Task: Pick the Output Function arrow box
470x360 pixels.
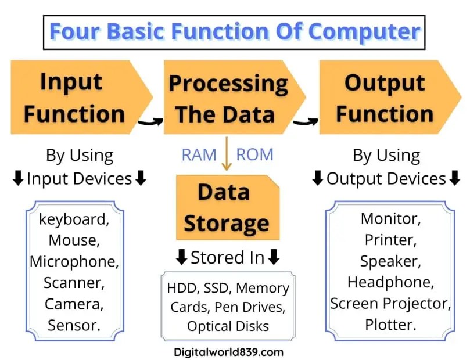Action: point(385,97)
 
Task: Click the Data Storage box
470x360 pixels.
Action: point(226,207)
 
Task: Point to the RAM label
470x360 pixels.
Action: point(199,154)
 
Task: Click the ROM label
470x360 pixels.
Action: point(254,154)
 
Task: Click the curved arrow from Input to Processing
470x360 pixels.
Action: point(150,120)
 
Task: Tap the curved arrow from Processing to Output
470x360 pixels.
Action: point(306,121)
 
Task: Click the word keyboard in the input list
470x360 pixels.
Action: point(74,219)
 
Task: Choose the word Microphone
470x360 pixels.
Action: point(74,261)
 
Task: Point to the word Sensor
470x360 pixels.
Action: point(74,324)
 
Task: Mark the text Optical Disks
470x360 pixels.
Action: point(228,326)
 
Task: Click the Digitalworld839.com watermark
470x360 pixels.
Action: point(228,351)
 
